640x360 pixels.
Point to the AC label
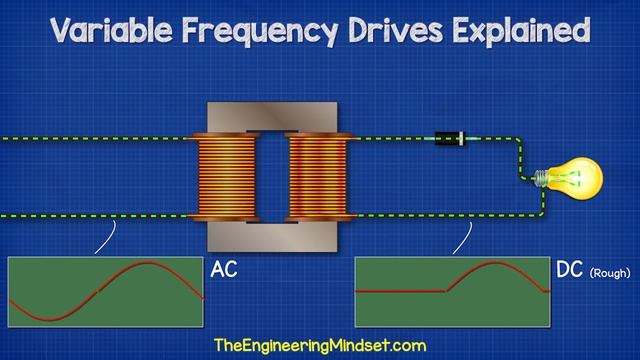(x=224, y=270)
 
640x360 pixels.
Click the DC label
(x=568, y=270)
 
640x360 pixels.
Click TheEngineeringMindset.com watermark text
(x=320, y=345)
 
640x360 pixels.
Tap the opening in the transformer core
(x=272, y=178)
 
